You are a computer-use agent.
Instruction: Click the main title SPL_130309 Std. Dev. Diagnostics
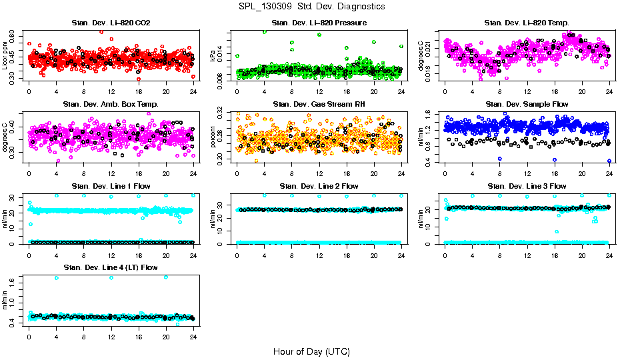[x=311, y=6]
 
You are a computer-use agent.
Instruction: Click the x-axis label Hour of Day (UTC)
[x=311, y=351]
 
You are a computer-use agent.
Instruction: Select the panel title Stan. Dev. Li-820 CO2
[x=111, y=23]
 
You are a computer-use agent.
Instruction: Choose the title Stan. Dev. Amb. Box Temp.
[x=111, y=105]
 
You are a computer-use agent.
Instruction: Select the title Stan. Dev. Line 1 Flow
[x=111, y=186]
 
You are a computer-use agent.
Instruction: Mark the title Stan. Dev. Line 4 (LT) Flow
[x=111, y=267]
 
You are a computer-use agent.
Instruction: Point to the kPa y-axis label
[x=213, y=56]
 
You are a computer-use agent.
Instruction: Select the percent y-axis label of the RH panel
[x=213, y=137]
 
